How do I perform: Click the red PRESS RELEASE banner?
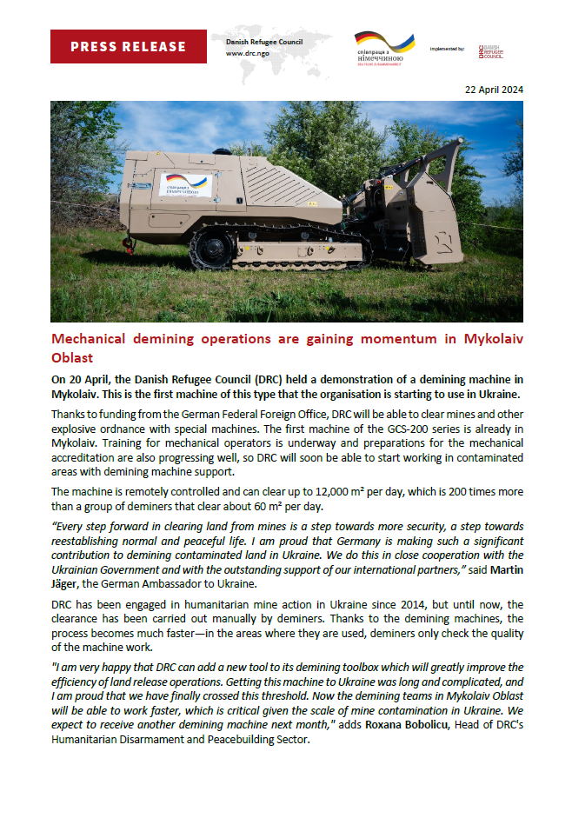(x=128, y=46)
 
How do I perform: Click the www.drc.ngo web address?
(x=247, y=54)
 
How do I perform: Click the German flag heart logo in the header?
(x=383, y=43)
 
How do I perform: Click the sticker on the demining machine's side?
(x=185, y=183)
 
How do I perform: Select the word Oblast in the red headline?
(x=75, y=357)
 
